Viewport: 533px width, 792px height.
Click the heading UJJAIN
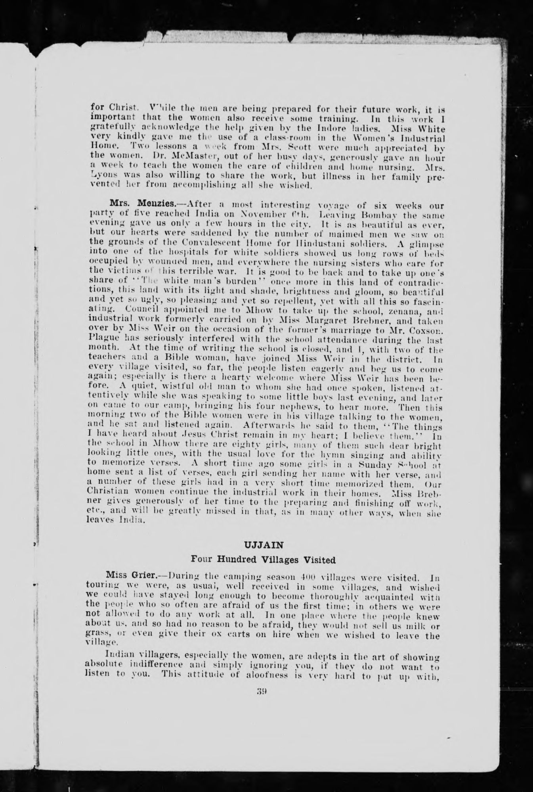tap(263, 542)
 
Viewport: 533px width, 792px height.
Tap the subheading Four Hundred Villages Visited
tap(263, 560)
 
